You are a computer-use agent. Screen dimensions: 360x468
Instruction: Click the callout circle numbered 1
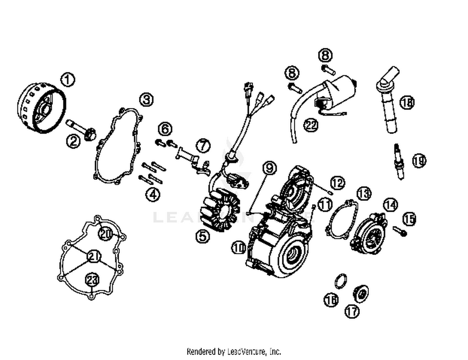pyautogui.click(x=68, y=79)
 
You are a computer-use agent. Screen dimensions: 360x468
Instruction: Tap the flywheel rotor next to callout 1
pyautogui.click(x=41, y=108)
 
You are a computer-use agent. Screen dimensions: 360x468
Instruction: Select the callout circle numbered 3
pyautogui.click(x=146, y=99)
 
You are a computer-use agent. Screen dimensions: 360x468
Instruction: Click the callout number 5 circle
pyautogui.click(x=203, y=236)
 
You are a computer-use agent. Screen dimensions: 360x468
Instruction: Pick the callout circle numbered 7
pyautogui.click(x=203, y=145)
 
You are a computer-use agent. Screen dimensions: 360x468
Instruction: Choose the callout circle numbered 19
pyautogui.click(x=419, y=161)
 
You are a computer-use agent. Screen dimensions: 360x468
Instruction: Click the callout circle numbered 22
pyautogui.click(x=311, y=125)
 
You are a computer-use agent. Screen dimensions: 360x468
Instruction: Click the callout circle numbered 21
pyautogui.click(x=94, y=256)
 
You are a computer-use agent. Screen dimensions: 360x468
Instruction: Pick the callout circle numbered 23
pyautogui.click(x=92, y=280)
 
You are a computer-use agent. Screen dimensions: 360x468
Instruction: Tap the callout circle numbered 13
pyautogui.click(x=364, y=193)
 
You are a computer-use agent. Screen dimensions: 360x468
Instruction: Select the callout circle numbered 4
pyautogui.click(x=153, y=194)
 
